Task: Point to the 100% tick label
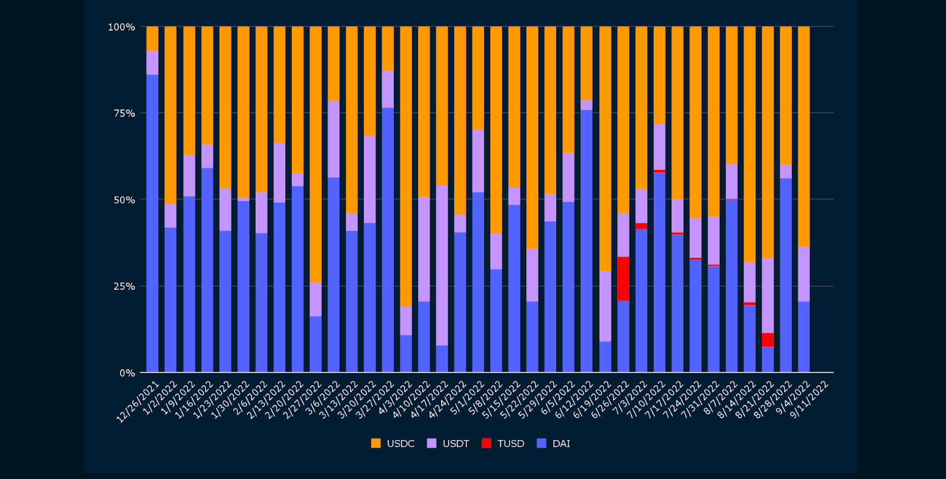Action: tap(122, 27)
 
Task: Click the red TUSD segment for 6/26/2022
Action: tap(623, 278)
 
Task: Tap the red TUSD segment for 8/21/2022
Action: tap(768, 340)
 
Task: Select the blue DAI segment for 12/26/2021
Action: tap(152, 224)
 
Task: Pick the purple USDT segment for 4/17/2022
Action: tap(442, 265)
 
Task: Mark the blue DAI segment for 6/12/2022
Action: tap(586, 242)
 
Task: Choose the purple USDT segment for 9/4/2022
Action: tap(804, 274)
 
